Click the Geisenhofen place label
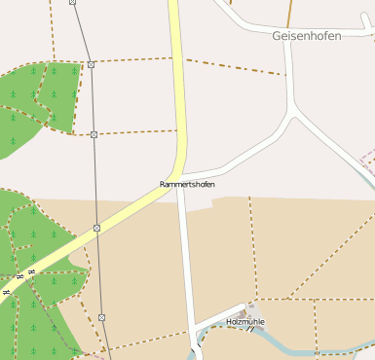[306, 35]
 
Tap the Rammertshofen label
[187, 184]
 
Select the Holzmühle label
[244, 321]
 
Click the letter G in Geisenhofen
[277, 35]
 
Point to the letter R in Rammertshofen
[163, 184]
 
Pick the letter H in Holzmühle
[229, 321]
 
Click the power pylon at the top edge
[73, 2]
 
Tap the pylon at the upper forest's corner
[91, 64]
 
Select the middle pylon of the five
[94, 134]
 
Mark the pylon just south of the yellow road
[97, 228]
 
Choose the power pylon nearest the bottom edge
[101, 317]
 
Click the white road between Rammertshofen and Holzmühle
[186, 253]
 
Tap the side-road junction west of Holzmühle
[192, 325]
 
